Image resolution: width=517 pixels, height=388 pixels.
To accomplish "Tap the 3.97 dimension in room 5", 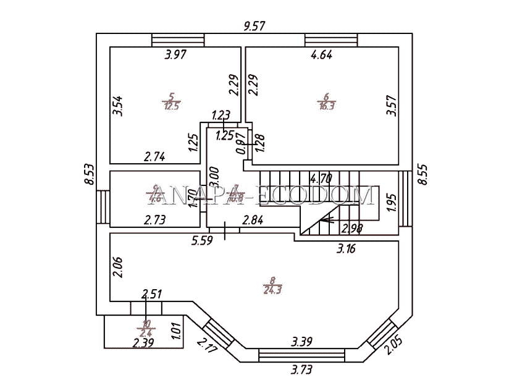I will (x=175, y=55).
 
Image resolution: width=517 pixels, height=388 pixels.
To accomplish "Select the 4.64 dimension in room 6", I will (x=321, y=55).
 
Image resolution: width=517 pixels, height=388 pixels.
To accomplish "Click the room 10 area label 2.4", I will (x=146, y=327).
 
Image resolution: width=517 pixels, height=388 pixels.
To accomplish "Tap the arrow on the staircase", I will (x=326, y=218).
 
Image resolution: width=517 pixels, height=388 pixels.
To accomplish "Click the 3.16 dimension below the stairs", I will (x=347, y=249).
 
